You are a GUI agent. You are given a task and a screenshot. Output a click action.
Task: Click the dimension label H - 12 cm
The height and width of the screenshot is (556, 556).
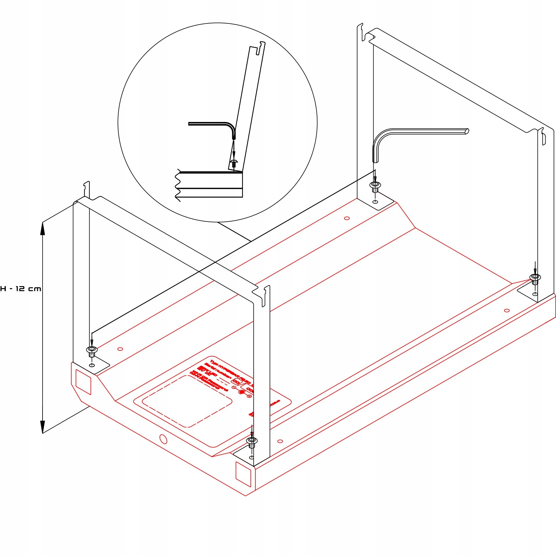point(21,289)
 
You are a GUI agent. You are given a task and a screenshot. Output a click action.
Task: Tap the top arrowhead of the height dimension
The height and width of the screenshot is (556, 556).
point(43,228)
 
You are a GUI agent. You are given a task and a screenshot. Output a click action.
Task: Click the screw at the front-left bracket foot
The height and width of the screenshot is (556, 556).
point(92,351)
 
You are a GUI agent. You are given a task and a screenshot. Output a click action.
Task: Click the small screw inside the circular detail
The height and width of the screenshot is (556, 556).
point(234,163)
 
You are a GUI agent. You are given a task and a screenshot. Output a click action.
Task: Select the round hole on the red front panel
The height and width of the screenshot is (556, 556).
point(163,439)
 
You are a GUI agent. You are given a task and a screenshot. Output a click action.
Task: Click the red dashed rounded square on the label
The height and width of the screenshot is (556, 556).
point(187,401)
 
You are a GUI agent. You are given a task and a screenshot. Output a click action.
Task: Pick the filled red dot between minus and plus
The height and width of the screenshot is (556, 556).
point(241,392)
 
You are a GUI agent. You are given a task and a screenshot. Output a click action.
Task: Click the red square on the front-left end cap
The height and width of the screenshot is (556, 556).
point(83,382)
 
